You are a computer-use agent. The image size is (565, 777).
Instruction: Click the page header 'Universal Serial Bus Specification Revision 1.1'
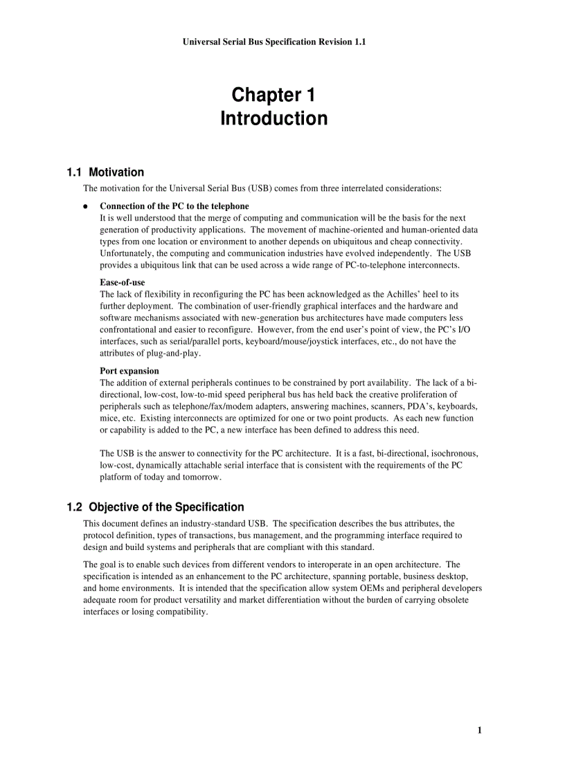[274, 42]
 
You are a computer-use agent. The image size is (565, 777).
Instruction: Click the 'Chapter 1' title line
[273, 95]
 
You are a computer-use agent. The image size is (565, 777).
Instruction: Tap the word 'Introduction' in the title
[273, 119]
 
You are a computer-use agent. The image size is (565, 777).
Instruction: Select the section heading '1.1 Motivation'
[105, 172]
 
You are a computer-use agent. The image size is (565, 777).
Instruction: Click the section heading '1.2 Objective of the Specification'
[155, 507]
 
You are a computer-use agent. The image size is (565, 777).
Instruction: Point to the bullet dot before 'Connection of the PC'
[85, 207]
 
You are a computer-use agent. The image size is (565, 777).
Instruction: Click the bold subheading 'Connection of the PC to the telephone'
[174, 206]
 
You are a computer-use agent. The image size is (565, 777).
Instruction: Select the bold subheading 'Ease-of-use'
[122, 283]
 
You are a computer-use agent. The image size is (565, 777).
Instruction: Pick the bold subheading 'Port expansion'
[129, 371]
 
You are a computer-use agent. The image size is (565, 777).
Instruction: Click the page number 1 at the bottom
[479, 730]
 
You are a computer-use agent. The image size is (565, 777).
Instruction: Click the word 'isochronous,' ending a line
[453, 453]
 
